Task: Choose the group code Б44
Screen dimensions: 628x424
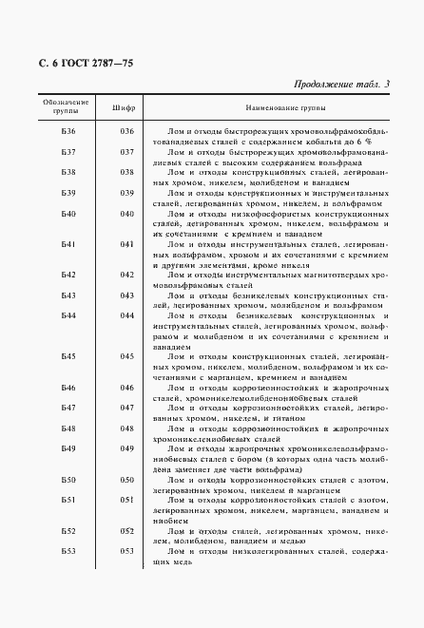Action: pos(67,314)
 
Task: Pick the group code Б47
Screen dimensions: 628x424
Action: pos(67,408)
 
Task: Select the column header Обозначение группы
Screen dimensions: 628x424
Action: pos(66,105)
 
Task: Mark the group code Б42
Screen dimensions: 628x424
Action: pos(67,275)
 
